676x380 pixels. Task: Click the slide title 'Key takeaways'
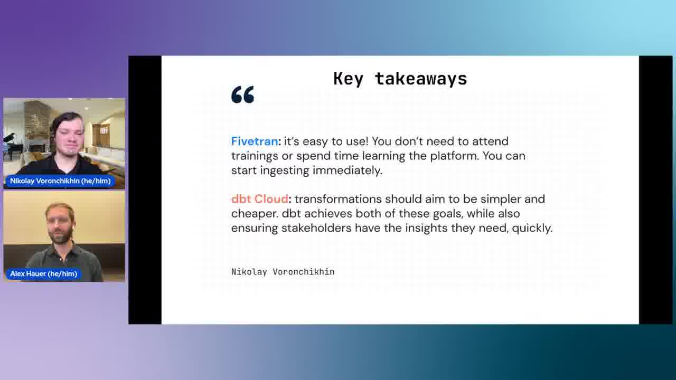point(400,79)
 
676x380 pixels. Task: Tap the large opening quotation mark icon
point(242,94)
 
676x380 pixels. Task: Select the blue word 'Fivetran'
point(255,141)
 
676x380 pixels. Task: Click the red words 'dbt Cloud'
point(259,199)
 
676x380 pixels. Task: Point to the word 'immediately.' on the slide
point(348,170)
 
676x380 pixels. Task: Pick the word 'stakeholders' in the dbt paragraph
point(316,228)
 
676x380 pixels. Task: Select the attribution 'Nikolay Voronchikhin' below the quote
point(283,272)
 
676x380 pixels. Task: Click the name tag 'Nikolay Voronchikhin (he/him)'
point(60,181)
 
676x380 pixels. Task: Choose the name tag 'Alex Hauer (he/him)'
point(43,274)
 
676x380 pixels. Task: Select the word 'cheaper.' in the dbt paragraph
point(255,214)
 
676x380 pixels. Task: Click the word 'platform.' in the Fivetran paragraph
point(455,156)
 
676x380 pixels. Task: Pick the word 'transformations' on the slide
point(338,199)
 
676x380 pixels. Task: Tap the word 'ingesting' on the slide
point(285,170)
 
